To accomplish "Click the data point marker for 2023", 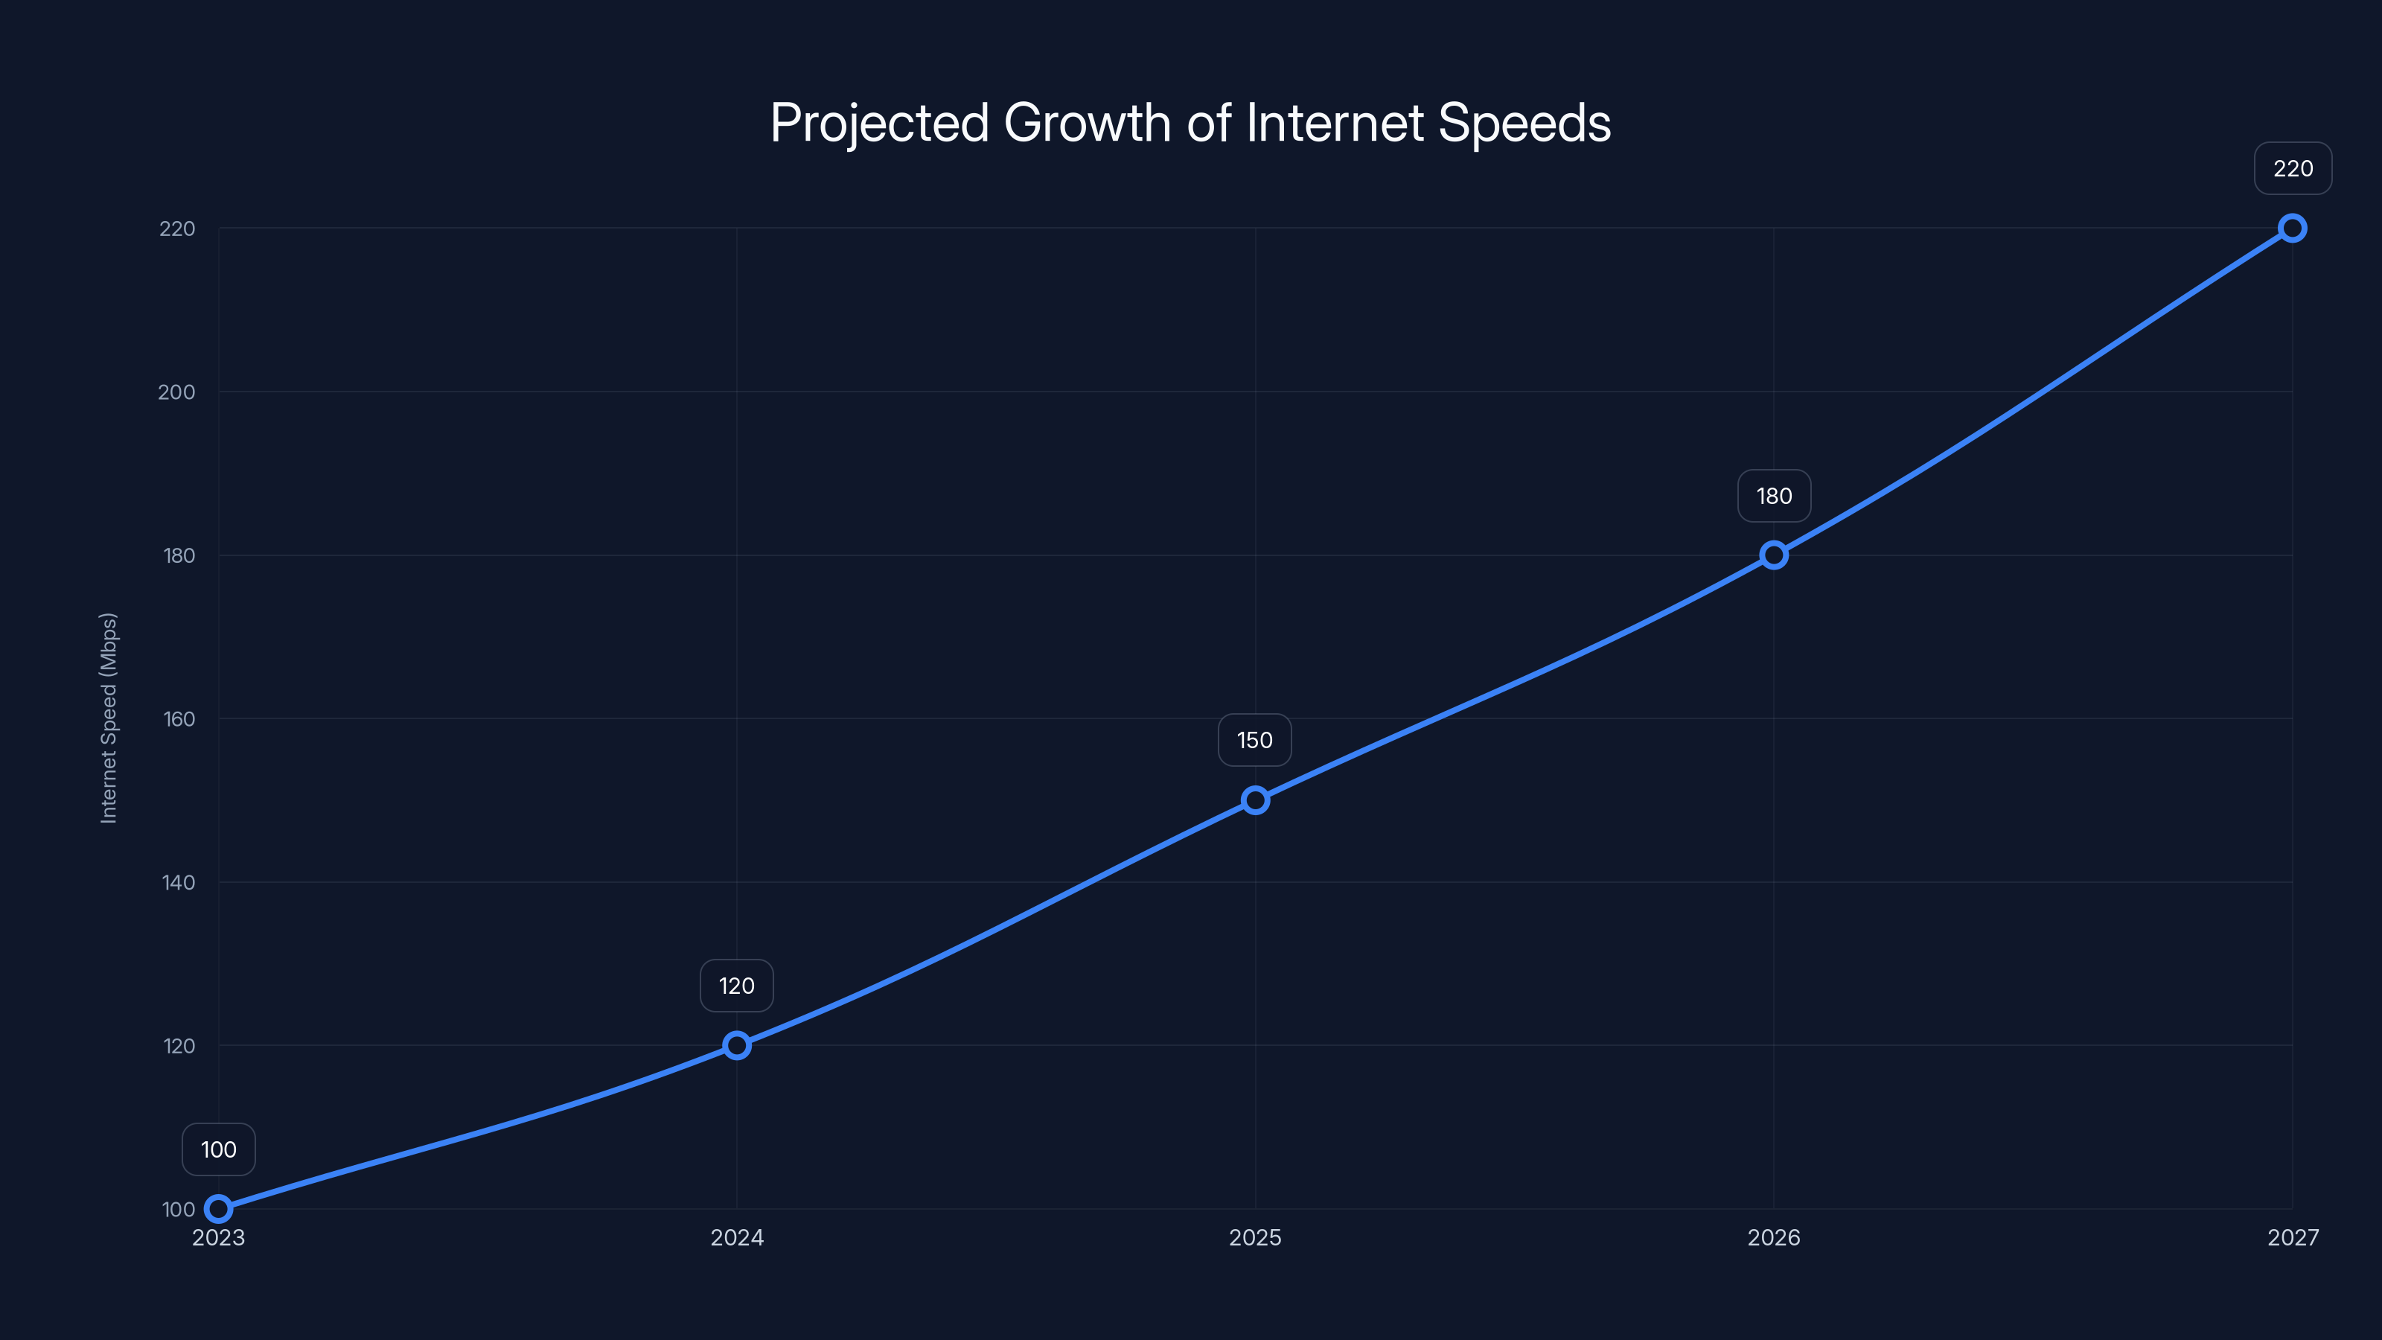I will coord(218,1209).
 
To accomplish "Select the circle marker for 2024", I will coord(737,1046).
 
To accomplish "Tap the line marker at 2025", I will coord(1255,800).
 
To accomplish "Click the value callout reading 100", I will coord(218,1149).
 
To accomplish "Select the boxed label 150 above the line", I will coord(1255,740).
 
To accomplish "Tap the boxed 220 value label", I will coord(2293,168).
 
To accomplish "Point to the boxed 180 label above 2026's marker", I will coord(1774,496).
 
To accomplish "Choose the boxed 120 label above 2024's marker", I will coord(737,986).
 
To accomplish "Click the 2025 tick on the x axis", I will coord(1255,1237).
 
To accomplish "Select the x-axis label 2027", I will coord(2293,1237).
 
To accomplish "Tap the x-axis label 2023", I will coord(218,1237).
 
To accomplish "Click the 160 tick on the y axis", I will coord(179,718).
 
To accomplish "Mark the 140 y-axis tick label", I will coord(179,882).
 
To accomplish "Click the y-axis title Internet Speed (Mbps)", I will coord(109,718).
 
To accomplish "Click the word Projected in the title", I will coord(878,124).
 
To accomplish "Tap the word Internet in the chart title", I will coord(1335,122).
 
